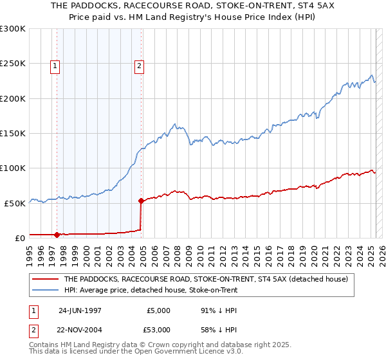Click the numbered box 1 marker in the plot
pos(55,65)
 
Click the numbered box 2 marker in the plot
pos(139,65)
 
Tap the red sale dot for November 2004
pos(142,201)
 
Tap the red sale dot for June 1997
pos(57,234)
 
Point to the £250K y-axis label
pos(13,64)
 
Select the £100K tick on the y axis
pos(13,168)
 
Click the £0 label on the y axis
pos(19,238)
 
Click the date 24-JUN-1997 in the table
pos(80,310)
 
